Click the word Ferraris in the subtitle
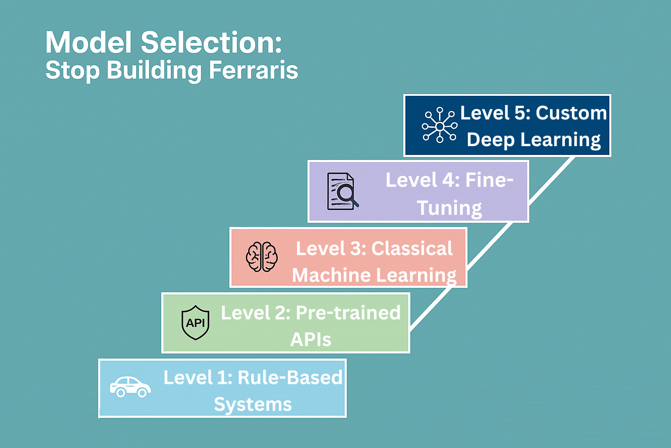[x=253, y=70]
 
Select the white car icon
[x=130, y=387]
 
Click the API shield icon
[x=195, y=323]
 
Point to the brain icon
[x=262, y=257]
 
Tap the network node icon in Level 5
[x=439, y=126]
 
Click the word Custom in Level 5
[x=571, y=113]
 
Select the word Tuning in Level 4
[x=449, y=208]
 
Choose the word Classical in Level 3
[x=412, y=248]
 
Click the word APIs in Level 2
[x=311, y=339]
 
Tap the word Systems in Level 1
[x=252, y=404]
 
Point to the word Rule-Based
[x=290, y=378]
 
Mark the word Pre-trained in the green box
[x=348, y=313]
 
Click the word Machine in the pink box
[x=331, y=275]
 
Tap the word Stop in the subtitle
[x=73, y=70]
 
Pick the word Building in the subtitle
[x=154, y=70]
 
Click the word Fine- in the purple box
[x=489, y=180]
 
